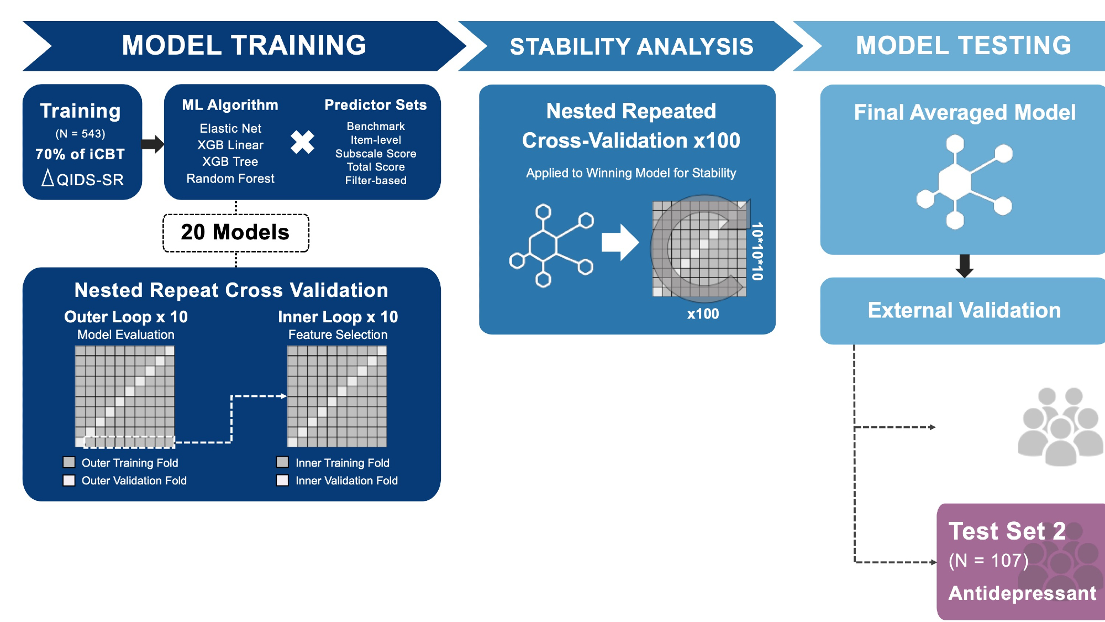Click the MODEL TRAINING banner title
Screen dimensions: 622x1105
click(244, 45)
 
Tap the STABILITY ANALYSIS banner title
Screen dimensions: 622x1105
click(631, 46)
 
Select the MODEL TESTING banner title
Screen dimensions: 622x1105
click(963, 45)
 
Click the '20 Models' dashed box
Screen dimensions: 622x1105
click(235, 232)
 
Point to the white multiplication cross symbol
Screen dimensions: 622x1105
click(302, 142)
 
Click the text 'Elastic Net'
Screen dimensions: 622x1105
click(230, 128)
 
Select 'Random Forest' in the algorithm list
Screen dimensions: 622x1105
click(230, 179)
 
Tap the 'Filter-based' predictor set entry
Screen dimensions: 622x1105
click(376, 180)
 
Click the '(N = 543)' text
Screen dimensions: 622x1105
click(80, 134)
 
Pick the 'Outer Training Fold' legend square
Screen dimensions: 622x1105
click(69, 462)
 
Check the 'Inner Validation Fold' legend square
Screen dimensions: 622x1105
click(282, 480)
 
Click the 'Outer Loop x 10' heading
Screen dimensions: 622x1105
click(126, 317)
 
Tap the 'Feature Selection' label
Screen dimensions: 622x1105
click(338, 334)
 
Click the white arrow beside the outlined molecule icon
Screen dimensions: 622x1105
click(620, 242)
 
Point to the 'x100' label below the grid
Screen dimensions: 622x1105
click(703, 314)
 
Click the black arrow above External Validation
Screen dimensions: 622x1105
click(964, 266)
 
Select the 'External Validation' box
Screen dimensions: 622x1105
click(964, 311)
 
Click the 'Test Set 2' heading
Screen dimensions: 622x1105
click(1007, 531)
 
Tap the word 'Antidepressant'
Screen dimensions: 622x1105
click(1022, 593)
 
